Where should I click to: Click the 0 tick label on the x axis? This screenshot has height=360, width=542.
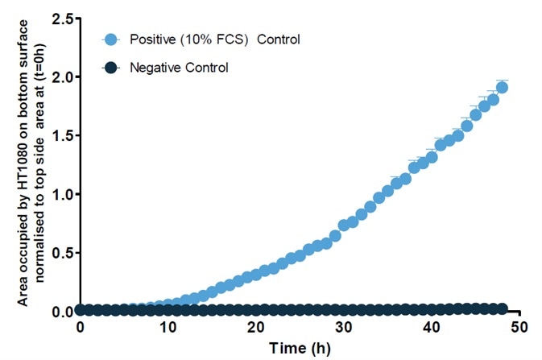point(80,329)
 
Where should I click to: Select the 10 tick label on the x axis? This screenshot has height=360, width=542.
point(168,329)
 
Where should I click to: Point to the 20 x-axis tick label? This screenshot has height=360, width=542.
point(256,329)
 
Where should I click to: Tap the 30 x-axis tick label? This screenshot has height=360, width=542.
point(344,329)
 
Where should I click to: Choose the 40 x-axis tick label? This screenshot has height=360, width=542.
point(432,329)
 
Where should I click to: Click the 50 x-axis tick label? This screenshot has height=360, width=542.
point(520,329)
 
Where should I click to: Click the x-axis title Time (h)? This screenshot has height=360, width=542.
point(300,349)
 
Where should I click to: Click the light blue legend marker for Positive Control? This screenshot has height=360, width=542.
point(111,39)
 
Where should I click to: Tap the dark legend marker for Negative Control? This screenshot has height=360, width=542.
point(111,68)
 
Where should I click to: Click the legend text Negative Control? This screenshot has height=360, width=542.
point(179,68)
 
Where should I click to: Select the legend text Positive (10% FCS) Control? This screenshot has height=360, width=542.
point(214,39)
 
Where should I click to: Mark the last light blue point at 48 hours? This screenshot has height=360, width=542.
point(502,87)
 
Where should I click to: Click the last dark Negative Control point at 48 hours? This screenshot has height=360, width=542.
point(502,308)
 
